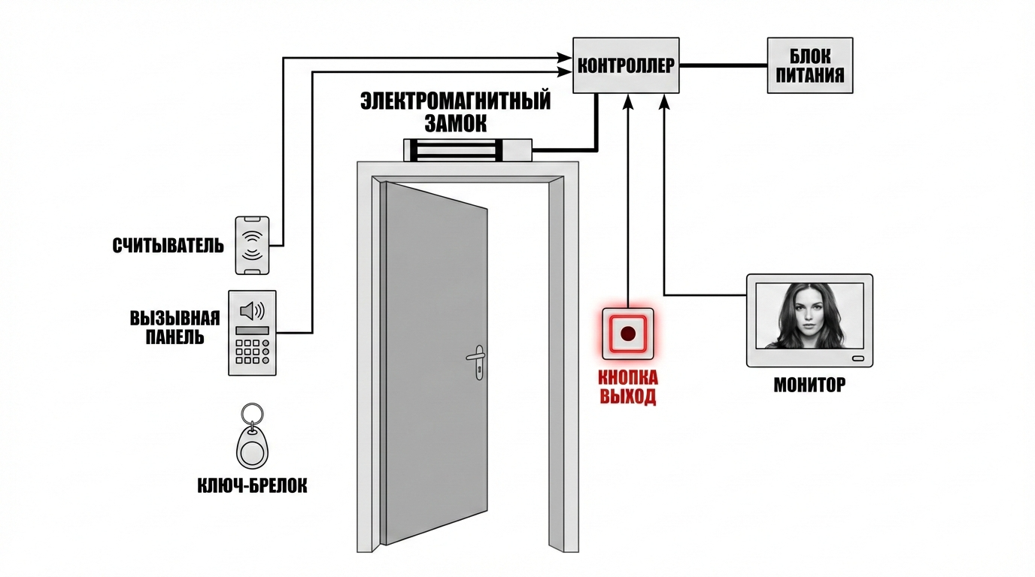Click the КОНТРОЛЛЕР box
pos(626,65)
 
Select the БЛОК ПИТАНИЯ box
pos(810,65)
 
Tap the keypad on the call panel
pos(252,352)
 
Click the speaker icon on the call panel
pos(251,310)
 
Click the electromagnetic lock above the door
pos(468,150)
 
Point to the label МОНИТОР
pos(809,385)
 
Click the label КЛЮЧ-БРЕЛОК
pos(251,486)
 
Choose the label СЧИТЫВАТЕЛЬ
pos(168,246)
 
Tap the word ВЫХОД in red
pos(628,397)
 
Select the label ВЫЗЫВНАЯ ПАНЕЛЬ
pos(175,326)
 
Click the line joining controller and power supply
pos(723,65)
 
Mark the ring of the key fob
pos(251,415)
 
